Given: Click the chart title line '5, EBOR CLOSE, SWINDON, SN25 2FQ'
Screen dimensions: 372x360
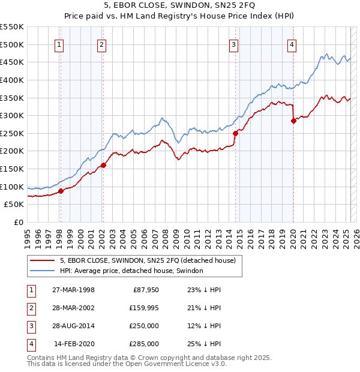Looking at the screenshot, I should (179, 7).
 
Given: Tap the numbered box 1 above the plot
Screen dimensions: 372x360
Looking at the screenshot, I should (60, 44).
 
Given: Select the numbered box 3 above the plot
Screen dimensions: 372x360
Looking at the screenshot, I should (233, 44).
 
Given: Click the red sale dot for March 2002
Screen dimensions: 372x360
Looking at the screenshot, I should (103, 165).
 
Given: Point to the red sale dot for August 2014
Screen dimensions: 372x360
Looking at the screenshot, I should (236, 133).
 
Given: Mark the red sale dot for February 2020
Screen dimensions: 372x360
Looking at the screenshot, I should (294, 121).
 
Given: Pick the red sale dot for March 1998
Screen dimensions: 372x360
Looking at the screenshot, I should (61, 191).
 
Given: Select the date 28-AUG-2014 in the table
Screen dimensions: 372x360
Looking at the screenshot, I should (73, 326).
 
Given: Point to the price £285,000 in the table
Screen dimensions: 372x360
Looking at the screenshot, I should (144, 344).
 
